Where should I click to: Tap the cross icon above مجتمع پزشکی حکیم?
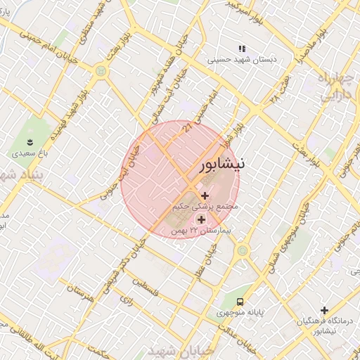pyautogui.click(x=205, y=195)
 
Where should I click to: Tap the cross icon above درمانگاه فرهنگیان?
pyautogui.click(x=324, y=310)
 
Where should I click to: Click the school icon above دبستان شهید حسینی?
pyautogui.click(x=242, y=49)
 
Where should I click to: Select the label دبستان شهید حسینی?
pyautogui.click(x=242, y=60)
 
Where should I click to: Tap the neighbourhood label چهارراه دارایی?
pyautogui.click(x=335, y=88)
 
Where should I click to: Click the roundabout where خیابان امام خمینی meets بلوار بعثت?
pyautogui.click(x=101, y=70)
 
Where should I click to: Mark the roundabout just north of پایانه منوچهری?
pyautogui.click(x=243, y=250)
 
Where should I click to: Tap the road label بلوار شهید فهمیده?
pyautogui.click(x=74, y=112)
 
